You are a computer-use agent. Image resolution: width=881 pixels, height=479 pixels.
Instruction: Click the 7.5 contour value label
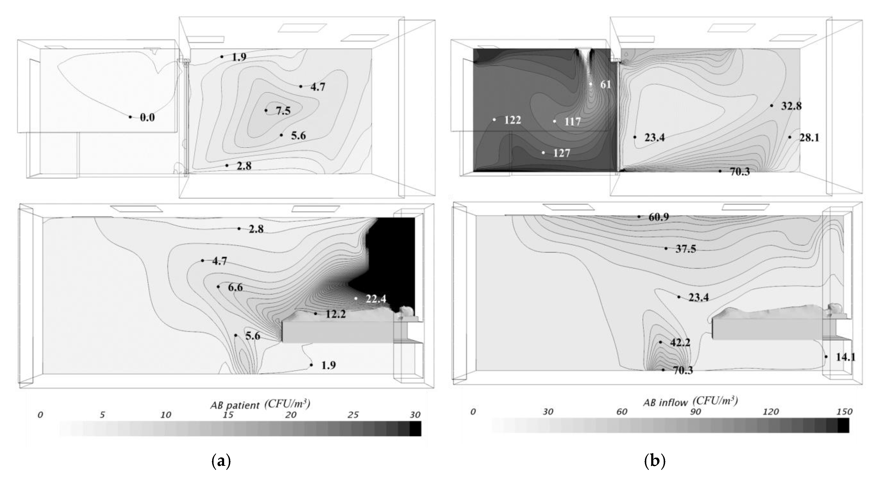283,111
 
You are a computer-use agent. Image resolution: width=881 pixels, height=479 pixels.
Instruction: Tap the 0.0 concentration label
147,118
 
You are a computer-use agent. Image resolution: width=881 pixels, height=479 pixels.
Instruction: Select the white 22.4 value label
376,299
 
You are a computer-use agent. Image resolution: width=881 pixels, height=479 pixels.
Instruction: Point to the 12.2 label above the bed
335,314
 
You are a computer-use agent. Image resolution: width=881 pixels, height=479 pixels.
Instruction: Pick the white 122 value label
512,120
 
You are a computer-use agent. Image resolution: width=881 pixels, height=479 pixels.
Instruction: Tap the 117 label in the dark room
572,121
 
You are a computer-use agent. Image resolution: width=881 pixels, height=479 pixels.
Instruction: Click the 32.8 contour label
791,106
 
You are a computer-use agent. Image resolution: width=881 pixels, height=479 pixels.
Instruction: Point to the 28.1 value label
809,138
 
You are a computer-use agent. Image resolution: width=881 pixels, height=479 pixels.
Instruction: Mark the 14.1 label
845,357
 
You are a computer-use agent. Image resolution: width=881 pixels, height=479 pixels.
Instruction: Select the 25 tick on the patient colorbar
353,415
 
